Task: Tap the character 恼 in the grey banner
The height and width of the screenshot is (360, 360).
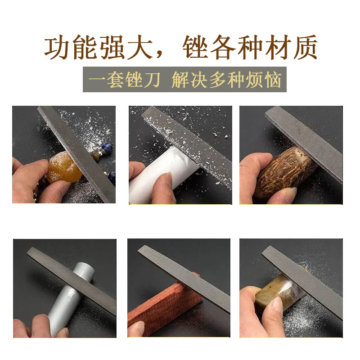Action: pos(273,80)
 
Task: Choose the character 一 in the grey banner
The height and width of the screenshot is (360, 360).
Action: pos(97,80)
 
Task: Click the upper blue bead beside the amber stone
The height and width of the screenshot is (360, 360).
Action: pos(107,147)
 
